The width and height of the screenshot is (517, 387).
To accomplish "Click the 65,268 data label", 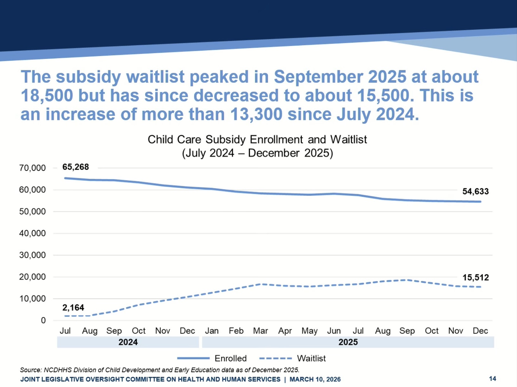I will coord(75,167).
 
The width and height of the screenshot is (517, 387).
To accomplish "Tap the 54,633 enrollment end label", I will coord(475,191).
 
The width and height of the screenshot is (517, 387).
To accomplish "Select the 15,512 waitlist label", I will coord(475,278).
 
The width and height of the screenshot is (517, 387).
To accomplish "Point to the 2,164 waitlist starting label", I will coord(73,308).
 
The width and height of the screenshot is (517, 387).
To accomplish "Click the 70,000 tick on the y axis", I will coord(32,168).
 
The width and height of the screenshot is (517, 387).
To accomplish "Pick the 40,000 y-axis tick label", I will coord(32,234).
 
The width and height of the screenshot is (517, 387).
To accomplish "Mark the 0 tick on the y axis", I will coord(43,321).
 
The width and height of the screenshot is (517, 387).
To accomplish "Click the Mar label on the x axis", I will coord(260,331).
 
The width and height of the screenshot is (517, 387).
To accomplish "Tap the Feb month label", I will coord(236,331).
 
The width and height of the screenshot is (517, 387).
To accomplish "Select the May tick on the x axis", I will coord(309,331).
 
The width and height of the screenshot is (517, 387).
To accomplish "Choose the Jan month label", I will coord(212,331).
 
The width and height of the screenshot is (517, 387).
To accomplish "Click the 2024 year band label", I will coord(128,342).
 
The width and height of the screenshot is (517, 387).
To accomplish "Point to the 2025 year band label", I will coord(348,342).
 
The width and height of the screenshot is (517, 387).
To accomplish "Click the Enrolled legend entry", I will coord(230,359).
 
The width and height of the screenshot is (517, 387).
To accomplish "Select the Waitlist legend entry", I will coord(311,359).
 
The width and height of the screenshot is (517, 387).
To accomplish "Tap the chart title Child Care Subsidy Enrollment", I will coord(257,140).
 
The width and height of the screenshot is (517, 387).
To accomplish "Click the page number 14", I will coord(492,379).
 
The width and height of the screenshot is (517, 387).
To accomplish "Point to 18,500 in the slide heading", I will coord(47,96).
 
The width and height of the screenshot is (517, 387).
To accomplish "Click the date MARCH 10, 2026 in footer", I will coord(315,379).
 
